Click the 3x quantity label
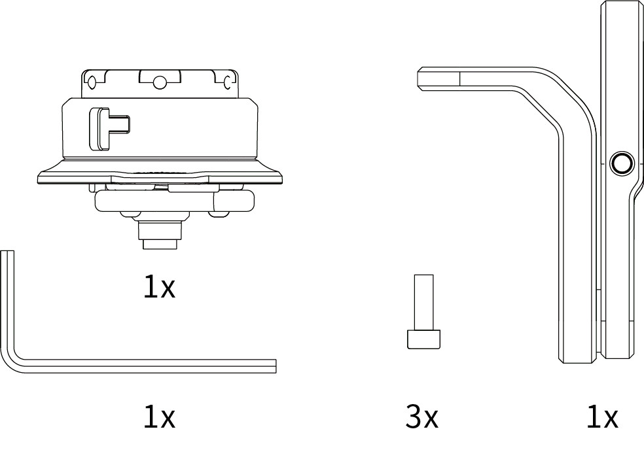pyautogui.click(x=421, y=417)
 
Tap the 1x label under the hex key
pyautogui.click(x=159, y=417)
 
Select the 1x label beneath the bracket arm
pyautogui.click(x=603, y=417)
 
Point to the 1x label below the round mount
pyautogui.click(x=159, y=286)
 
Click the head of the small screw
pyautogui.click(x=423, y=339)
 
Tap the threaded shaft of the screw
pyautogui.click(x=423, y=302)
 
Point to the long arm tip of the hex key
pyautogui.click(x=275, y=366)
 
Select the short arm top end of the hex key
pyautogui.click(x=7, y=252)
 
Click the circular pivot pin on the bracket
pyautogui.click(x=621, y=163)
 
